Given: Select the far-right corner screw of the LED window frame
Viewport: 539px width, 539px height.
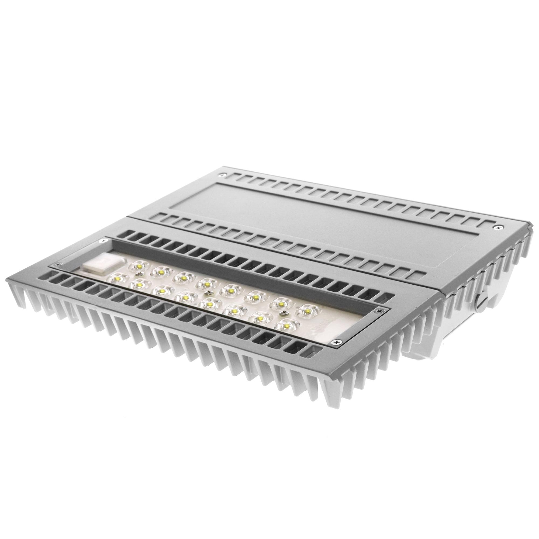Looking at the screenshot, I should click(379, 310).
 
